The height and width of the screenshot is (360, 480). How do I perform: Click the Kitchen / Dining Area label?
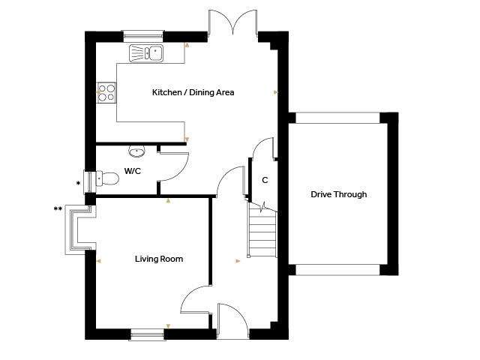coord(193,92)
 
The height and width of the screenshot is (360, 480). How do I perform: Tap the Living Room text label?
coord(159,259)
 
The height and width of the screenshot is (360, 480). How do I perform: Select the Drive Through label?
coord(338,194)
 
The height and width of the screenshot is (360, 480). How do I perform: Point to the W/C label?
coord(133,171)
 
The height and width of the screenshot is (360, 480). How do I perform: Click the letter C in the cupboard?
coord(265,180)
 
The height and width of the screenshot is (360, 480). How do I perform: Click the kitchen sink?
coord(146,53)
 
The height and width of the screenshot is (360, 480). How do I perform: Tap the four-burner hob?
coord(106,93)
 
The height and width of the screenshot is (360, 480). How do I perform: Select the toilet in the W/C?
coord(107,178)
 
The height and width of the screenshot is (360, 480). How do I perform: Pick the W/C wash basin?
coord(136,151)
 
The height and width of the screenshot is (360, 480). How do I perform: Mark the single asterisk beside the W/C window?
coord(78,183)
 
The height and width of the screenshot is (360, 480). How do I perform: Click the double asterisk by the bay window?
coord(58,209)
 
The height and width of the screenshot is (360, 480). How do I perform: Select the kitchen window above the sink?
coord(143,36)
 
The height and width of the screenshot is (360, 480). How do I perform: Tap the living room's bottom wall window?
coord(147,334)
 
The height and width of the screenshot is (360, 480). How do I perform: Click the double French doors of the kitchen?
coord(233,22)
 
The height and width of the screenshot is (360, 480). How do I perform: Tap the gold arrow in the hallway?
coord(238,261)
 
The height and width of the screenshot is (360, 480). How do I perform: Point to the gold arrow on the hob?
coord(98,91)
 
